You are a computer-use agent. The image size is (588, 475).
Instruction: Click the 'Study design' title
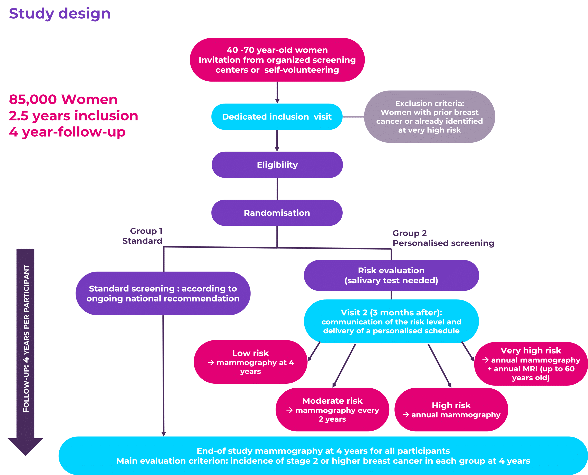[60, 13]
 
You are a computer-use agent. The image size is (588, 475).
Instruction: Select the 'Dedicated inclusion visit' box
[277, 117]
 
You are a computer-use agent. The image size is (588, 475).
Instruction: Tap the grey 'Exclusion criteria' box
[429, 117]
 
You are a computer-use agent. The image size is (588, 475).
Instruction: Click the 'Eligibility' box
[277, 165]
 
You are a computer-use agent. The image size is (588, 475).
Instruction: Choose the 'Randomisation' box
[277, 213]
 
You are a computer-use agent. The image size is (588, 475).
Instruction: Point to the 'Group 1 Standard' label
[143, 236]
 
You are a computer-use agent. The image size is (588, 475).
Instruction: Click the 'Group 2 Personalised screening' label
[443, 238]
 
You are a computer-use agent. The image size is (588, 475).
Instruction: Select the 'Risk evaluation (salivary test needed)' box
[391, 275]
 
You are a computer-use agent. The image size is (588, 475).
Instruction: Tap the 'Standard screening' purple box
[163, 293]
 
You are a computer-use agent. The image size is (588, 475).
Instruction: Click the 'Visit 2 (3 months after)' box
[391, 321]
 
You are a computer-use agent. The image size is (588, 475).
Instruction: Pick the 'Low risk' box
[251, 362]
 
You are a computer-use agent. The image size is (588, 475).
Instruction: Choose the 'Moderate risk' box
[332, 409]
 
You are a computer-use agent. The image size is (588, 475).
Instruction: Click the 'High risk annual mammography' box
[451, 410]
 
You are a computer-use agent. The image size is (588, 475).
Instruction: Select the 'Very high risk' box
[531, 364]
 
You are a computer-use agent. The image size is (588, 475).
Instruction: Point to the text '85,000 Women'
[63, 99]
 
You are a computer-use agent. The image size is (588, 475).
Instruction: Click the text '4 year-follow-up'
[67, 132]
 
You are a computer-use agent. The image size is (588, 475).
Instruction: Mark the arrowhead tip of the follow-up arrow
[26, 455]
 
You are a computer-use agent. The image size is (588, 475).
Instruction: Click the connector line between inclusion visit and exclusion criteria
[353, 117]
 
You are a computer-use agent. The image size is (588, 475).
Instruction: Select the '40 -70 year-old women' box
[277, 60]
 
